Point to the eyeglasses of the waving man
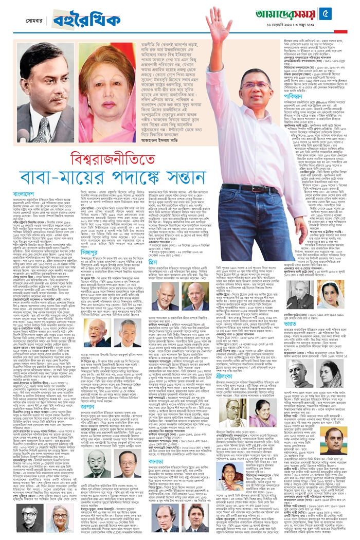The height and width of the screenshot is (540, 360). point(256,85)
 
